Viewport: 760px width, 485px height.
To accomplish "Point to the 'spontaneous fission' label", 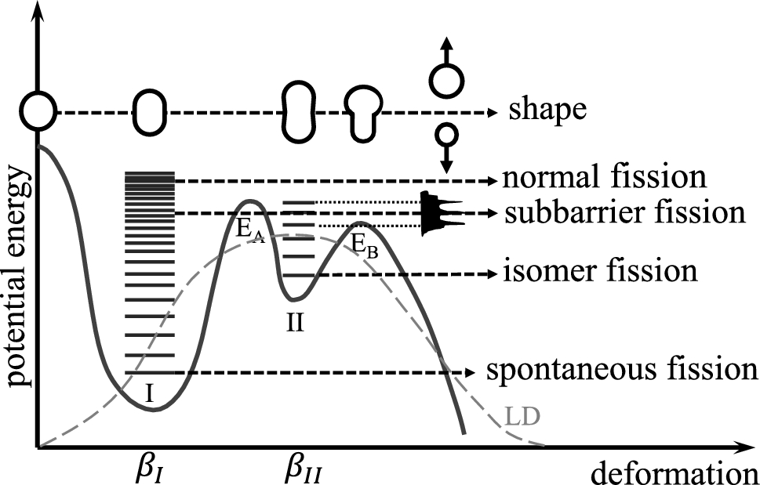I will pos(621,371).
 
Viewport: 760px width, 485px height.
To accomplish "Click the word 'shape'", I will pos(547,111).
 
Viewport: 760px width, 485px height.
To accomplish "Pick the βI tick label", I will pos(149,472).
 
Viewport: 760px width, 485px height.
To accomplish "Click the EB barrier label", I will pos(362,245).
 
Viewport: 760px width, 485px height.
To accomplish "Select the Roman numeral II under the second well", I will pos(294,322).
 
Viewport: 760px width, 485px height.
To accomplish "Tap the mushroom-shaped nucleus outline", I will pos(365,113).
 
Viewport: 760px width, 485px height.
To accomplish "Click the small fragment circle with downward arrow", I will pos(446,134).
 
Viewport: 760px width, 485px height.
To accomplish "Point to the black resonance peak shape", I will pos(433,213).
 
